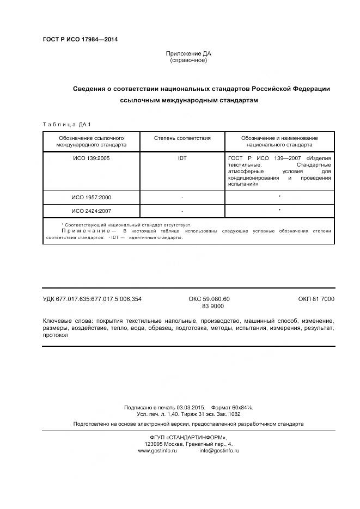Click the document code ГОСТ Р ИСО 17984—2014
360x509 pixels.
80,39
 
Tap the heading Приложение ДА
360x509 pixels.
188,53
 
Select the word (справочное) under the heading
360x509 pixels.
188,60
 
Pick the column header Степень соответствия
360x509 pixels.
182,138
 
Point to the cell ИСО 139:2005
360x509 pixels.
91,158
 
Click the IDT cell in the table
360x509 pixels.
182,158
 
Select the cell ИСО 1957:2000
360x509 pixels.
91,197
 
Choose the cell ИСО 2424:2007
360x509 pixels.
91,211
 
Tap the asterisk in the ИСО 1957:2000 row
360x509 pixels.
279,197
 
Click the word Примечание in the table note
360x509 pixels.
82,231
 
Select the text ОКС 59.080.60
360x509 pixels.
209,299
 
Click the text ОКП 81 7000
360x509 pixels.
316,299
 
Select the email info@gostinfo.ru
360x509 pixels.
219,451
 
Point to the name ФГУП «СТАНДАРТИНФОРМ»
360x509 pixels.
188,438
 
